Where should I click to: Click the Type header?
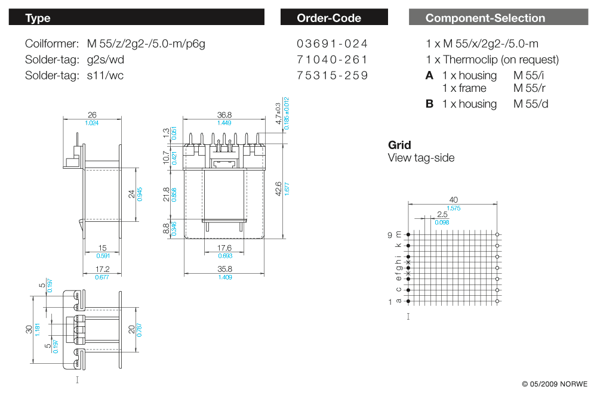[38, 18]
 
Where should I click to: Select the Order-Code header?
[329, 18]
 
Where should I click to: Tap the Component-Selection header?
[485, 18]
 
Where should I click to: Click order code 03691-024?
[332, 44]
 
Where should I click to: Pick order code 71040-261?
[332, 60]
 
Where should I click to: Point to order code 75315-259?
[332, 76]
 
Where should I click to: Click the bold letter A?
[429, 76]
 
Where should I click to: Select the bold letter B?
[429, 104]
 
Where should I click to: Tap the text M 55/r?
[530, 88]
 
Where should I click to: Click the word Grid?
[399, 145]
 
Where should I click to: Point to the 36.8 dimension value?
[224, 115]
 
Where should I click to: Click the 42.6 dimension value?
[278, 188]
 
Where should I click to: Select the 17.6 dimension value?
[224, 248]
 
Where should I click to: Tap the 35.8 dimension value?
[224, 270]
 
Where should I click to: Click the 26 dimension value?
[92, 115]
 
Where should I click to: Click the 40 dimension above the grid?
[453, 200]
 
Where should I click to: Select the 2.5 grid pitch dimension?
[442, 214]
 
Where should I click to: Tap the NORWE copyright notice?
[555, 383]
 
